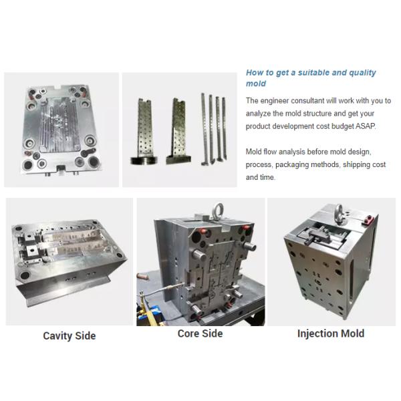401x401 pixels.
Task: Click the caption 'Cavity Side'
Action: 70,336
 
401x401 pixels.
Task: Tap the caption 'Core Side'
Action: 200,333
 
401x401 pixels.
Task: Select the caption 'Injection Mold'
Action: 331,333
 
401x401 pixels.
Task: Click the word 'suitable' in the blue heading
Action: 313,73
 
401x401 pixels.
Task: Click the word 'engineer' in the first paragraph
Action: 275,101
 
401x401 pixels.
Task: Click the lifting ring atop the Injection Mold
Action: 340,212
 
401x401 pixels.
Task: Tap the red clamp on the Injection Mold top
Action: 368,219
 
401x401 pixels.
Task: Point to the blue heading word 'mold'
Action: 256,84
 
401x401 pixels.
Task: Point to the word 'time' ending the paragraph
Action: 268,177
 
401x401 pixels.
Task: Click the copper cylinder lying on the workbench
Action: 143,277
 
